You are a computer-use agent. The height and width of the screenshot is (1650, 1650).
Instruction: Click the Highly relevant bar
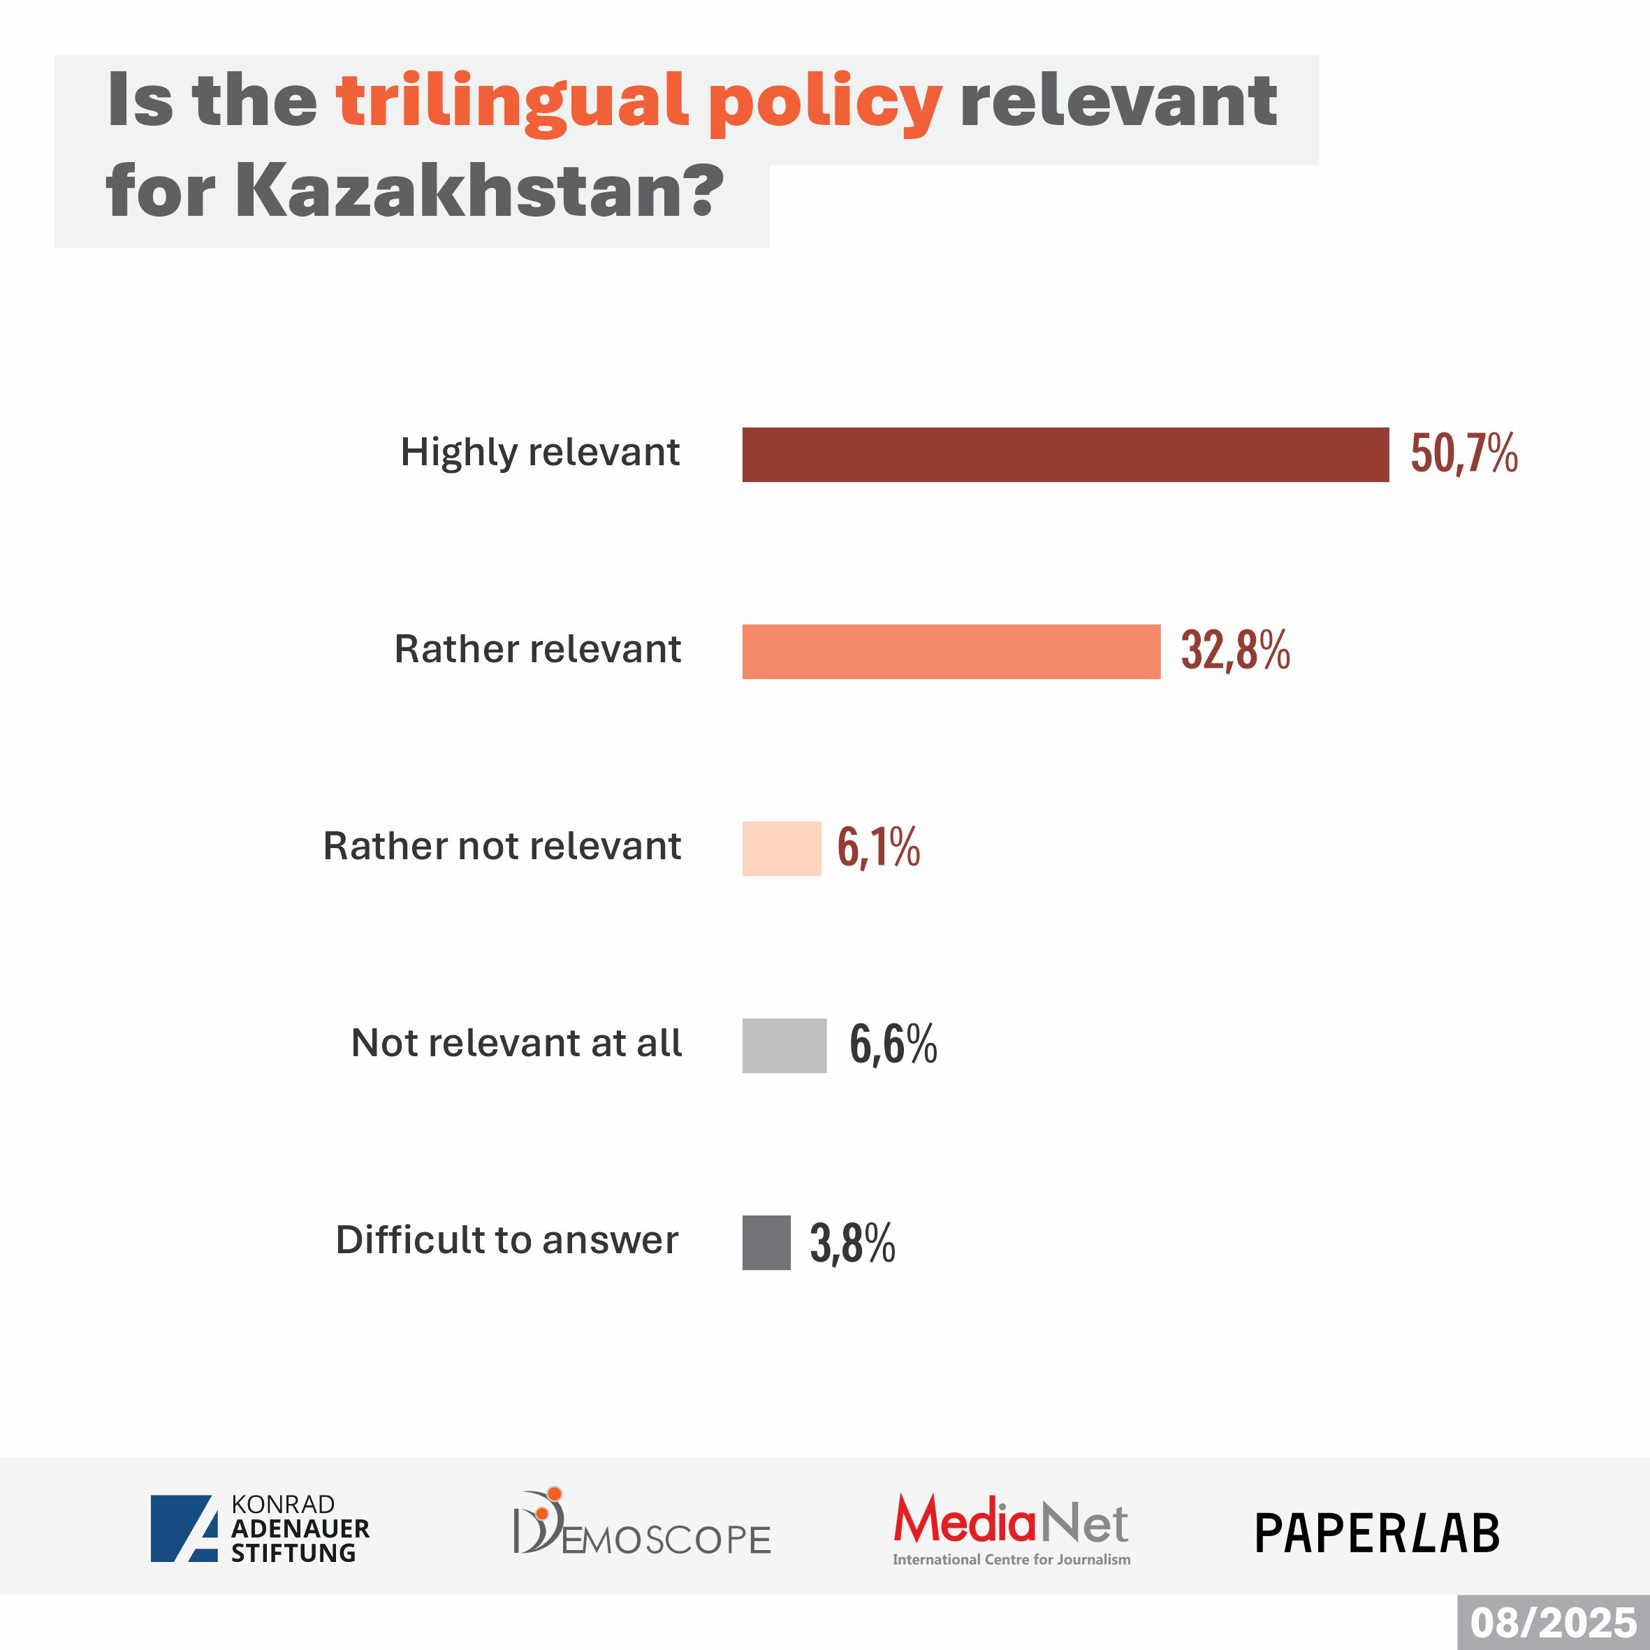(x=1065, y=454)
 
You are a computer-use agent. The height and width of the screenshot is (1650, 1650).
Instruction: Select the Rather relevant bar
(x=951, y=652)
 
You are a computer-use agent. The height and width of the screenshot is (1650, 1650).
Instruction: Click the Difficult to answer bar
(x=766, y=1243)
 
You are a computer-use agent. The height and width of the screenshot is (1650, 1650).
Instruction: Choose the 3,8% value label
(x=852, y=1243)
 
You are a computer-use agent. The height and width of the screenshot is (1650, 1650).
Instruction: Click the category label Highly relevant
(x=540, y=453)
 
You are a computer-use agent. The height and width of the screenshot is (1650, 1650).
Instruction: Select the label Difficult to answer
(x=506, y=1240)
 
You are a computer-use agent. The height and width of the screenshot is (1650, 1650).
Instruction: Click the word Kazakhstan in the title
(x=479, y=191)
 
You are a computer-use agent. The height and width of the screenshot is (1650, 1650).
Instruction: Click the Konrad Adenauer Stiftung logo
(x=260, y=1528)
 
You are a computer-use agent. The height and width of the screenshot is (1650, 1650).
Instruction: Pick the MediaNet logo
(x=1012, y=1528)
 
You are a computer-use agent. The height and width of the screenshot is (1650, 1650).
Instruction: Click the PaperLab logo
(x=1377, y=1533)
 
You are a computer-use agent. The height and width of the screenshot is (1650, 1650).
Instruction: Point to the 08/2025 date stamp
(x=1553, y=1623)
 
